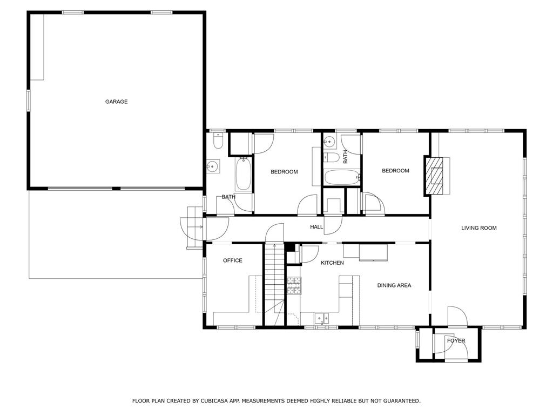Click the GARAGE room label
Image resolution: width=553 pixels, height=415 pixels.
tap(117, 102)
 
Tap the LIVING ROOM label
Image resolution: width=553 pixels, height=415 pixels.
tap(479, 228)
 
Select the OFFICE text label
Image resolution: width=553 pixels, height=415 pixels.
tap(233, 260)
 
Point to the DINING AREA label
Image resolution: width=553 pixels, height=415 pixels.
tap(394, 285)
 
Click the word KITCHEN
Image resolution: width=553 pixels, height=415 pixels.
tap(332, 263)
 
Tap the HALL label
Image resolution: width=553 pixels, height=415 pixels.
tap(316, 227)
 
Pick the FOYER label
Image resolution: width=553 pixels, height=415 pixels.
tap(456, 341)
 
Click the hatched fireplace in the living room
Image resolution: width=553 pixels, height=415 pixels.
tap(434, 176)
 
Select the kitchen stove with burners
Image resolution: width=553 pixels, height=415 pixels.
tap(294, 286)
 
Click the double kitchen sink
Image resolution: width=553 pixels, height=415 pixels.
tap(322, 318)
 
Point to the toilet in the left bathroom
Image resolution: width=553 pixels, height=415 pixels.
tap(218, 141)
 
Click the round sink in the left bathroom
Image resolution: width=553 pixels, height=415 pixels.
tap(213, 166)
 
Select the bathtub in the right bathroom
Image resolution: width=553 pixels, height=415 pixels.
tap(342, 177)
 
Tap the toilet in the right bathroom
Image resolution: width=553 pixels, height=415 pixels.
tap(332, 157)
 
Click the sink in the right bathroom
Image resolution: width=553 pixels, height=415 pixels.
tap(330, 142)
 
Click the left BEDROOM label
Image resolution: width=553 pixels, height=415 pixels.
tap(284, 172)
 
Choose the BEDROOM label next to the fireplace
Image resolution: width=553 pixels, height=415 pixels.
tap(396, 171)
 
